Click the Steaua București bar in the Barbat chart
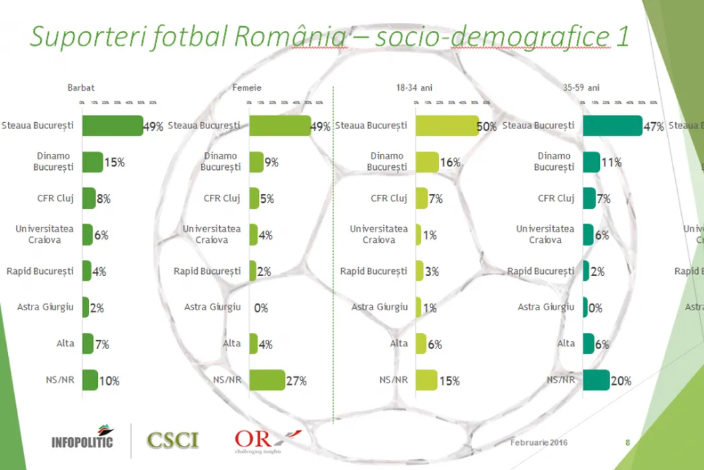click(x=112, y=126)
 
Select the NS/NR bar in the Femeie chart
click(x=267, y=380)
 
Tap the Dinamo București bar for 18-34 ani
click(x=427, y=162)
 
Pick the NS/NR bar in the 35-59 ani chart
click(x=596, y=380)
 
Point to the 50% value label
click(x=487, y=126)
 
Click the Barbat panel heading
click(x=80, y=88)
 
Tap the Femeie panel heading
click(x=247, y=88)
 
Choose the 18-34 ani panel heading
click(x=415, y=88)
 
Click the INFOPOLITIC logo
click(x=82, y=437)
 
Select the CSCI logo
click(x=173, y=440)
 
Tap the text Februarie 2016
click(x=538, y=442)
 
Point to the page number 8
click(x=628, y=442)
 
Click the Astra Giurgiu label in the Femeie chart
click(x=213, y=308)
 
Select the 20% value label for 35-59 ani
click(x=621, y=381)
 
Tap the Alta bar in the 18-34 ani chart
click(x=421, y=343)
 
